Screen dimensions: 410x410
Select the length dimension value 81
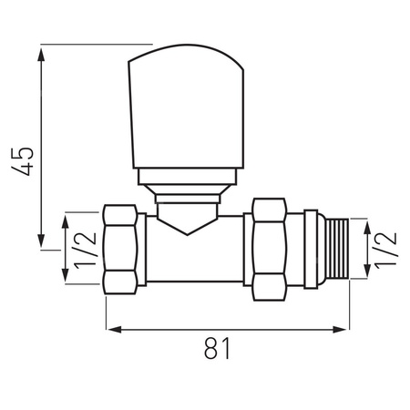[x=216, y=349]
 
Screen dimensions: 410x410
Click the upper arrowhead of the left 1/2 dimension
[x=65, y=220]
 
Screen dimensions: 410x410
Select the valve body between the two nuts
[x=196, y=255]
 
